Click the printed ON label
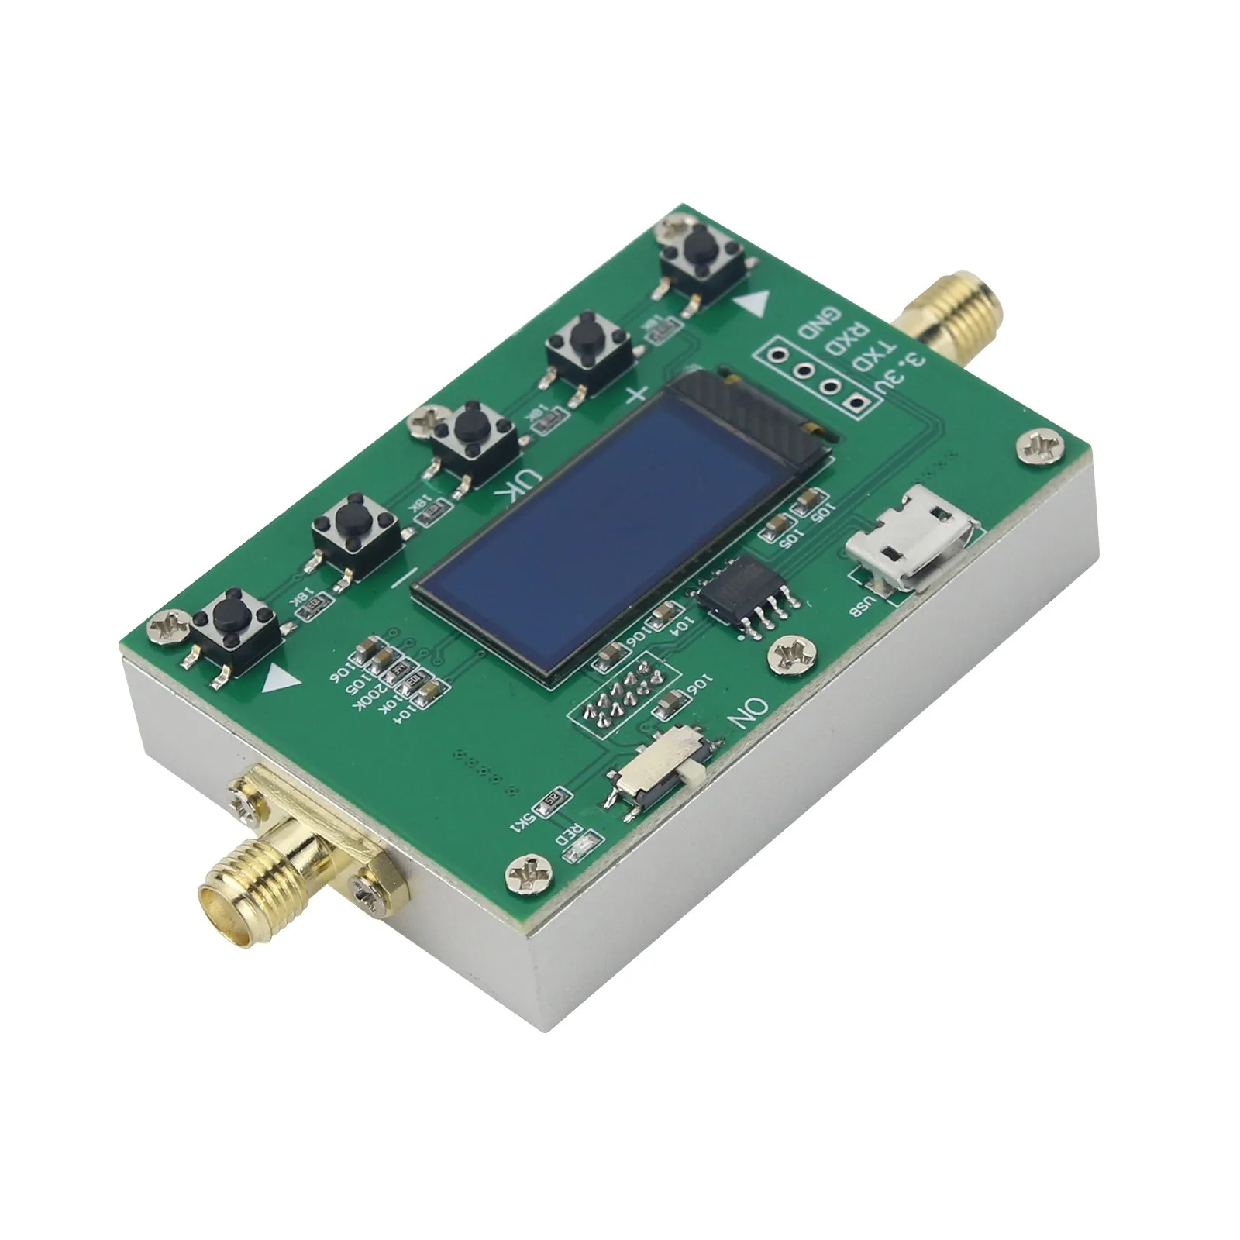(x=746, y=714)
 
